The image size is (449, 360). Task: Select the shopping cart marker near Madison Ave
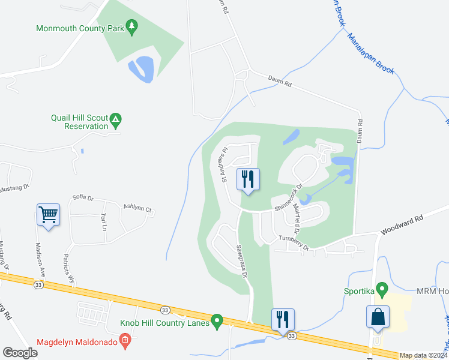point(49,214)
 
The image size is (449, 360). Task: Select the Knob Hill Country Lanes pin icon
point(217,322)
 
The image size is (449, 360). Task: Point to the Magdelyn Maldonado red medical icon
point(125,343)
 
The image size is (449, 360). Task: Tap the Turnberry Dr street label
point(294,243)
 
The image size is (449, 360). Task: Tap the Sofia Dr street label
point(83,197)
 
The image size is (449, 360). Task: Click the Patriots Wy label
point(70,271)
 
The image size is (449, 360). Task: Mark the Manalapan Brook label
point(371,53)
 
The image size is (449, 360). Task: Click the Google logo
point(20,352)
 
